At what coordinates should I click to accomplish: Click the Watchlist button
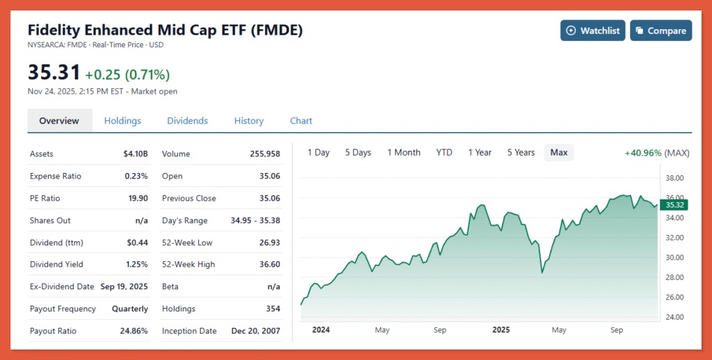coord(593,31)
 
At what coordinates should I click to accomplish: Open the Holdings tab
coord(122,121)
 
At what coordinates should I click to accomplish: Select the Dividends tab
coord(187,121)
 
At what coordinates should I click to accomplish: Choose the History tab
coord(249,121)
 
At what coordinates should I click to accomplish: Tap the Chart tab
coord(301,121)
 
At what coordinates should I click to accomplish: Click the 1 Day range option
coord(318,152)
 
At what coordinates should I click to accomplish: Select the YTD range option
coord(444,152)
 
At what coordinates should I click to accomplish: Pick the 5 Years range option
coord(521,152)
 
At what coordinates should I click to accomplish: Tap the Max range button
coord(559,152)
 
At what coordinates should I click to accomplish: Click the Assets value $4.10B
coord(136,154)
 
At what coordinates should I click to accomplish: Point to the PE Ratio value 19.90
coord(137,198)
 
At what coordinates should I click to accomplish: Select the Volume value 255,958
coord(265,154)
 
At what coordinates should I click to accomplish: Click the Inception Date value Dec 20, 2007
coord(255,331)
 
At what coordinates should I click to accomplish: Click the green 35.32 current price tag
coord(675,205)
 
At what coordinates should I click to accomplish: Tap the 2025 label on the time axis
coord(501,330)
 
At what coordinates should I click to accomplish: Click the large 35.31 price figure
coord(54,72)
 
